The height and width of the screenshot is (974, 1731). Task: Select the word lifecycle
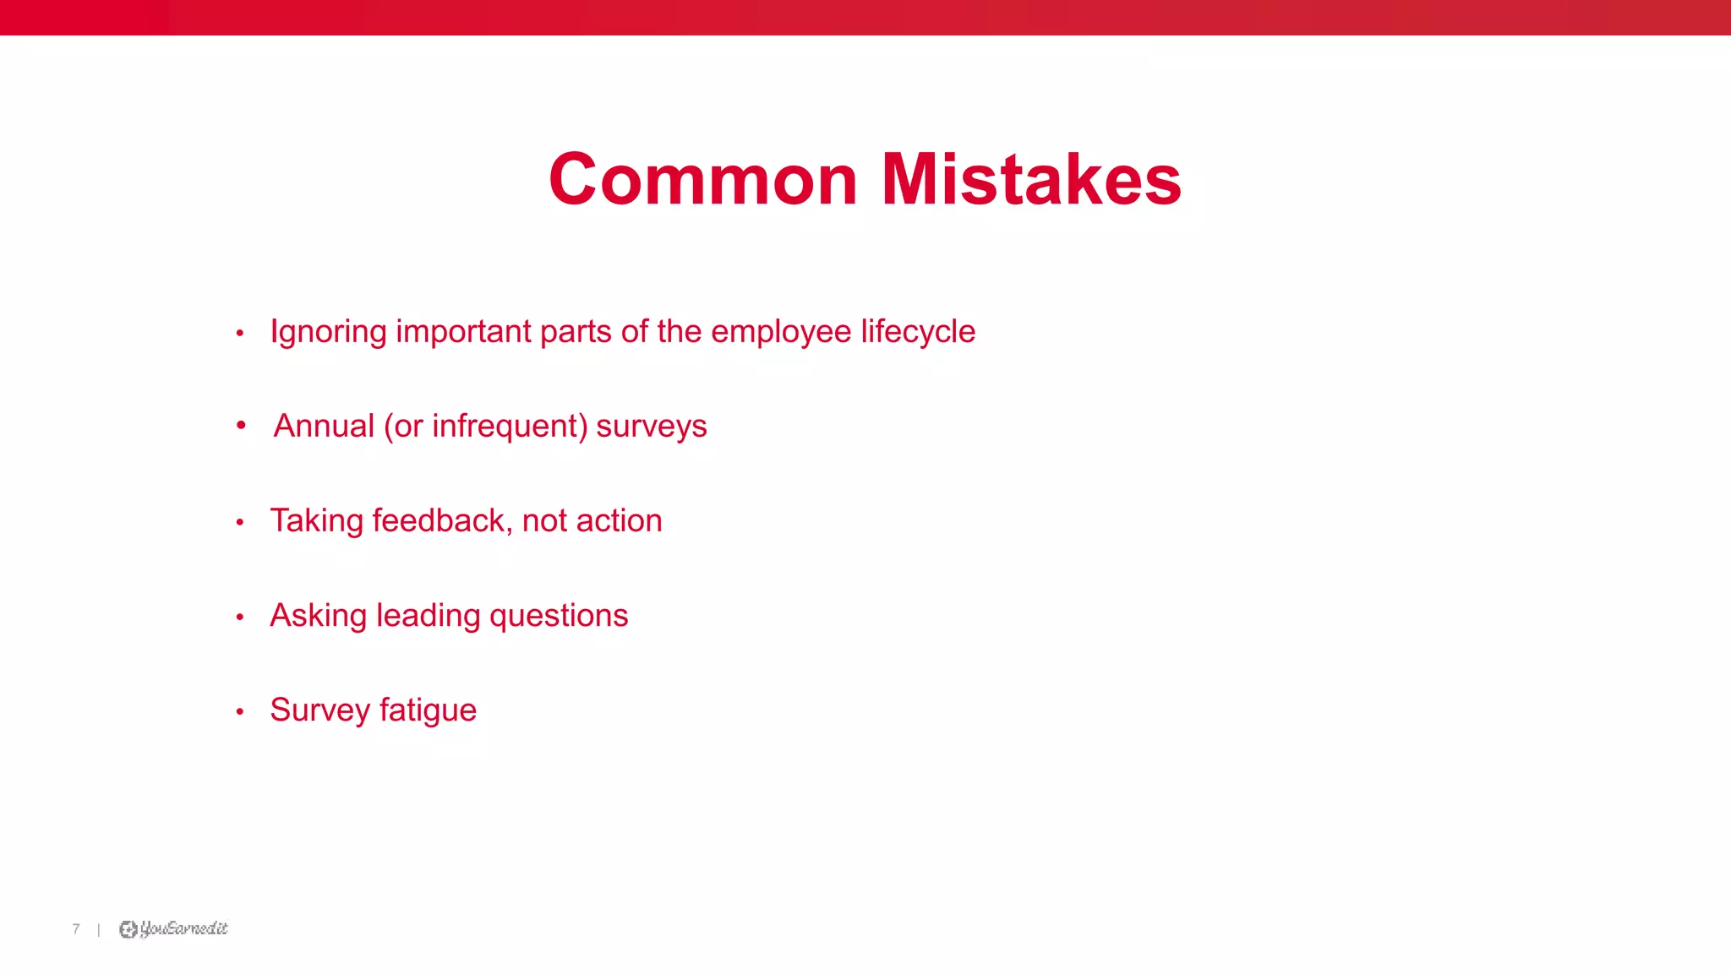tap(918, 332)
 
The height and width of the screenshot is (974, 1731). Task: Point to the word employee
tap(781, 332)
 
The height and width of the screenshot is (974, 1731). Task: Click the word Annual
tap(324, 426)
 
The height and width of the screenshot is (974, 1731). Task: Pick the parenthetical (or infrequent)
tap(485, 426)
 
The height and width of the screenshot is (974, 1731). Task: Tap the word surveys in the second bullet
tap(651, 426)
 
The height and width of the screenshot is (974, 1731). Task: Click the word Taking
tap(316, 521)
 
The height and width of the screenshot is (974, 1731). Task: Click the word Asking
tap(318, 616)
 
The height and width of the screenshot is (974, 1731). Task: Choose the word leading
tap(428, 616)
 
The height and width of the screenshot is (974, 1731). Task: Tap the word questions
tap(559, 616)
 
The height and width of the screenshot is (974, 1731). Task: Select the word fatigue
tap(428, 710)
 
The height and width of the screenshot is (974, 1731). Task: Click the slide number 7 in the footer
tap(76, 929)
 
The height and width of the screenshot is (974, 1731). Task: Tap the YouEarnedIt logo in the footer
tap(173, 929)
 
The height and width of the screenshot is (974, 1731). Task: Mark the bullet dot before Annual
tap(241, 425)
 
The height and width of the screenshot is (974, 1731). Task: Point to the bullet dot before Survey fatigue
tap(240, 712)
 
